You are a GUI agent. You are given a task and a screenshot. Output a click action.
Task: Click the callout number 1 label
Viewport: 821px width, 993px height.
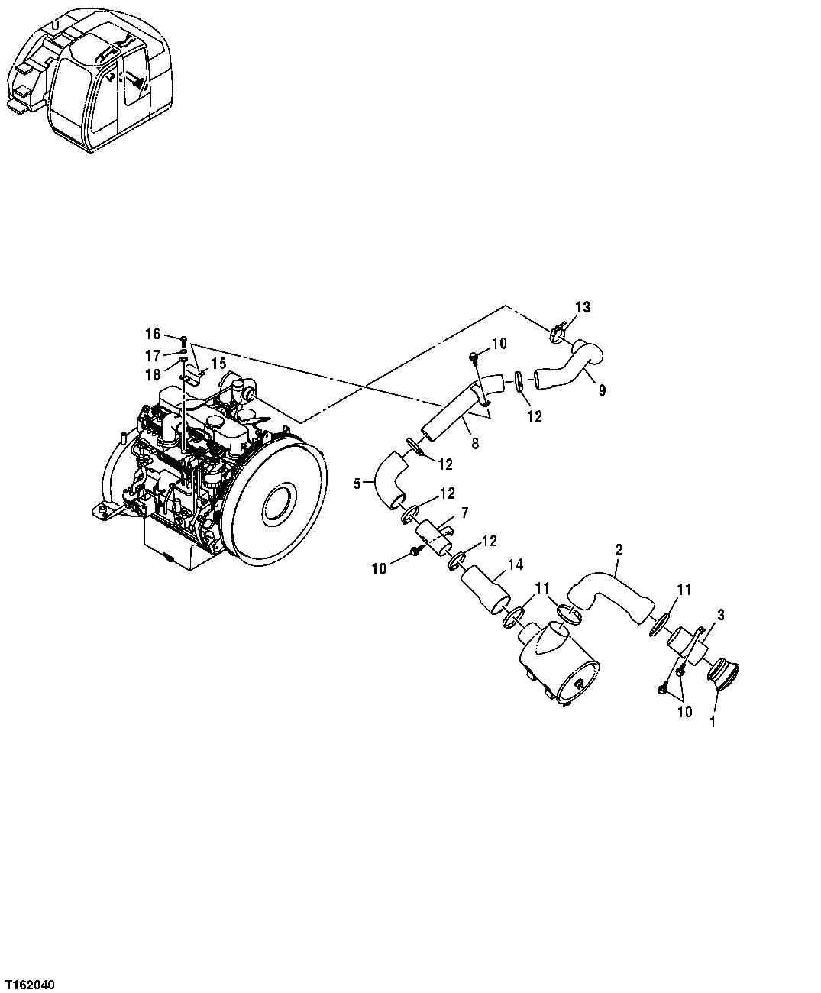coord(713,720)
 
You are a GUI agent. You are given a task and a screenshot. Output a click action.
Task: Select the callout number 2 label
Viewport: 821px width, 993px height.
coord(619,549)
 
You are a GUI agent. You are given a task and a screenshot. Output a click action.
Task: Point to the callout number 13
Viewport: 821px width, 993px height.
coord(583,307)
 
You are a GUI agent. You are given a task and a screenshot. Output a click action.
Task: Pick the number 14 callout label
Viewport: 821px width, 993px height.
coord(517,564)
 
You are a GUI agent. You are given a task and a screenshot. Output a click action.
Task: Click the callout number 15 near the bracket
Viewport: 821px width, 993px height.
coord(218,363)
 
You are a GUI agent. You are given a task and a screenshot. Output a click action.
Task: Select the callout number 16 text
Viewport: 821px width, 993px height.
coord(153,334)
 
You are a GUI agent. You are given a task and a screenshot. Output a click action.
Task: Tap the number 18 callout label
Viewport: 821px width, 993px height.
coord(153,374)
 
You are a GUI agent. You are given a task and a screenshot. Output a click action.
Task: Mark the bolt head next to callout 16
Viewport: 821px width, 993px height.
coord(184,338)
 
